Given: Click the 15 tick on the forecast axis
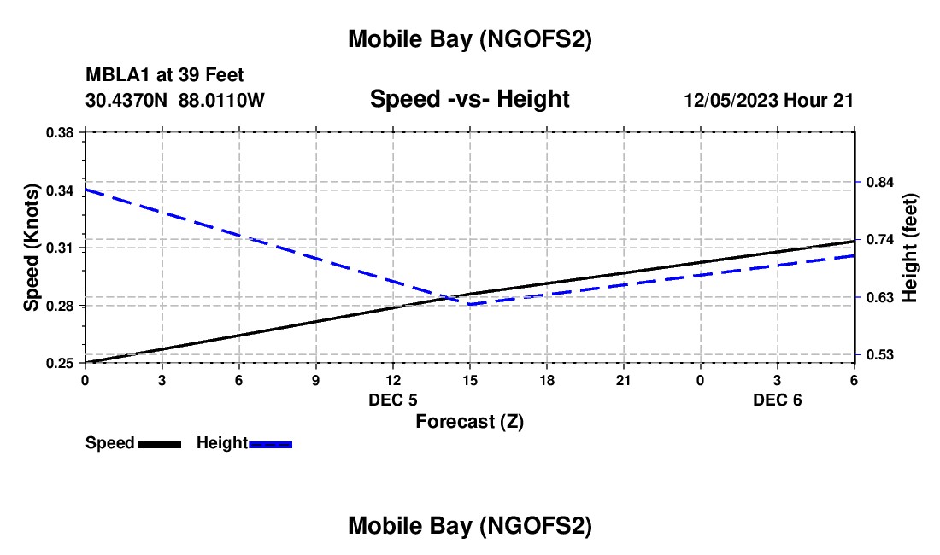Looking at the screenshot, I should click(469, 379).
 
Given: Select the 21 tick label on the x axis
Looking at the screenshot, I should click(623, 379).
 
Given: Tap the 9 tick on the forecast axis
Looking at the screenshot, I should click(315, 379).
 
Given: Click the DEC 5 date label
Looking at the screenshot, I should click(392, 400).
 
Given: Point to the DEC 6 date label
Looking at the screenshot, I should click(777, 400).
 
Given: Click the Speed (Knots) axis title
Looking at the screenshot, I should click(32, 248).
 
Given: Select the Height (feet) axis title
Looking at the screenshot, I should click(910, 248).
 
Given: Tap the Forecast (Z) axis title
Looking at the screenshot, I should click(469, 421).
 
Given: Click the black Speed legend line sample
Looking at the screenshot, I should click(159, 444).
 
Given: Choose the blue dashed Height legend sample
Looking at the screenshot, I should click(271, 444).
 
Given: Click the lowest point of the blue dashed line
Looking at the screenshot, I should click(469, 304).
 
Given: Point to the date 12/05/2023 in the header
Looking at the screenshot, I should click(730, 101).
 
